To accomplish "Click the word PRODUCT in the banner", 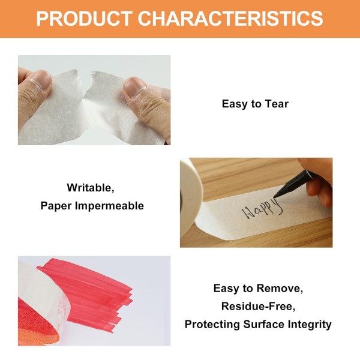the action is pos(85,19).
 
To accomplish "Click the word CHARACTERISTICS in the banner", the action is pos(230,19).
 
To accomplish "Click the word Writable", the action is pos(91,188).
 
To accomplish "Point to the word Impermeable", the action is pos(110,206).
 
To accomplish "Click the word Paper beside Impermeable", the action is pos(56,206).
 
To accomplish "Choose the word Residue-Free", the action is pos(258,306).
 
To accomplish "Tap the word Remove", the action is pos(280,289).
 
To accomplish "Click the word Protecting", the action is pos(212,325).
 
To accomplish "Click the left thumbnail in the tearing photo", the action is pos(41,80).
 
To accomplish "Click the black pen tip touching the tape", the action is pos(275,196).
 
